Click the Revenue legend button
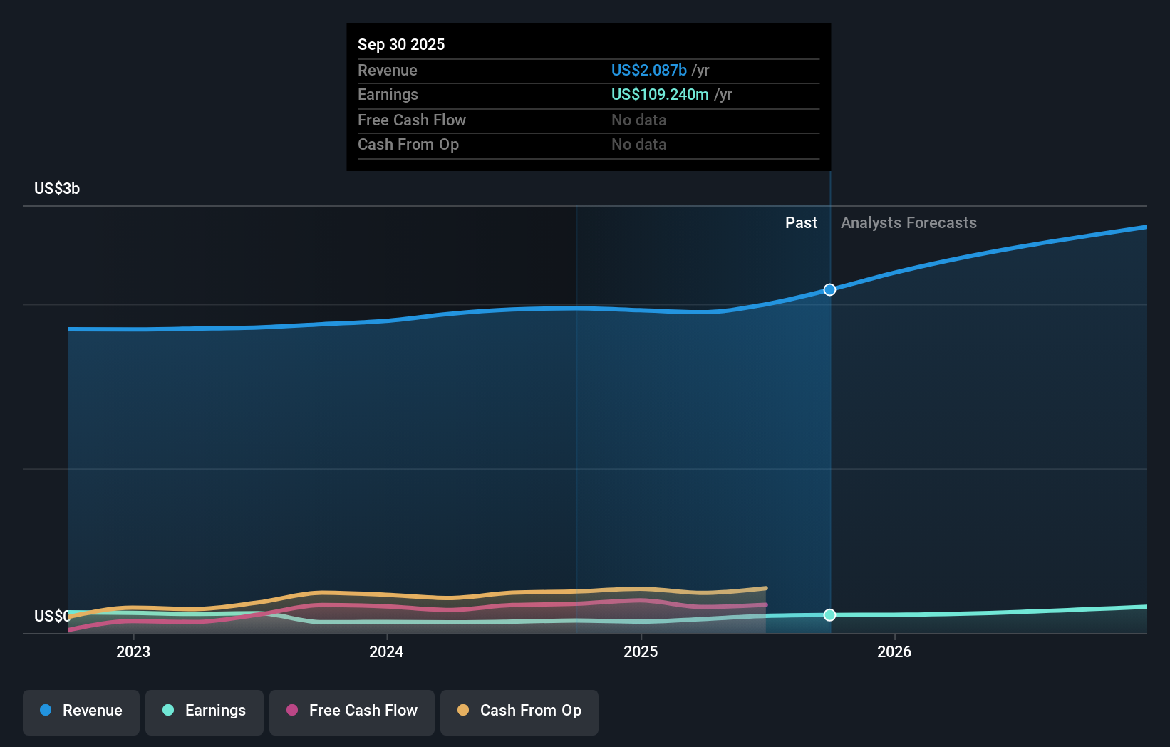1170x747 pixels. click(81, 711)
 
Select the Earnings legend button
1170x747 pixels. click(205, 711)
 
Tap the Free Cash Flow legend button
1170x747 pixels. click(352, 711)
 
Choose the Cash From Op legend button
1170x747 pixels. click(519, 711)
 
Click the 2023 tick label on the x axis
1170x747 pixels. click(133, 651)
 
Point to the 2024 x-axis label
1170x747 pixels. click(386, 651)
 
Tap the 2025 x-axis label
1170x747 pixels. click(641, 651)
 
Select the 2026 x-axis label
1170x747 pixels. click(894, 651)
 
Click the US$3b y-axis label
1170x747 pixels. click(57, 189)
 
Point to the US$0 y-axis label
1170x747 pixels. click(52, 616)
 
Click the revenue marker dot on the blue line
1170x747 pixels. click(829, 289)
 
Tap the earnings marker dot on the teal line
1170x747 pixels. click(829, 614)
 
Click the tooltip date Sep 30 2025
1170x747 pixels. click(401, 44)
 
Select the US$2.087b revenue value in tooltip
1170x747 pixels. click(648, 70)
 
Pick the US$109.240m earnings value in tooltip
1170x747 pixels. click(660, 94)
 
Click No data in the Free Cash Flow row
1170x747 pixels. click(638, 120)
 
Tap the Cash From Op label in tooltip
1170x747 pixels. click(408, 144)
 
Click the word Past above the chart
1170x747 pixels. click(801, 223)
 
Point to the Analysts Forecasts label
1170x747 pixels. click(908, 223)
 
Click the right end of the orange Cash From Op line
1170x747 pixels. click(765, 589)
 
